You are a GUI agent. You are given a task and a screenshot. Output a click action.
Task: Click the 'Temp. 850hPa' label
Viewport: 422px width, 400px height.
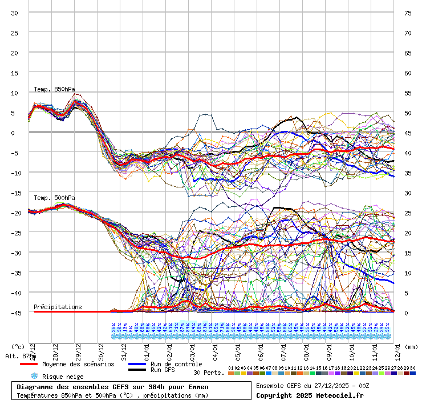tap(54, 89)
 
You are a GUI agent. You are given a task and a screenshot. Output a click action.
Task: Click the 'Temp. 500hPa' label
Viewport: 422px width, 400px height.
tap(54, 198)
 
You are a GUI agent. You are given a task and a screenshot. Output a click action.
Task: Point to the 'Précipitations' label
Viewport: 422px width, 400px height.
tap(58, 307)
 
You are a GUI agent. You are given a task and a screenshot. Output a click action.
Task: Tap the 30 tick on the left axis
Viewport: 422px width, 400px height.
tap(15, 13)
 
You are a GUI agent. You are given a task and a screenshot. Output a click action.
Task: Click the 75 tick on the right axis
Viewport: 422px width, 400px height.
tap(408, 13)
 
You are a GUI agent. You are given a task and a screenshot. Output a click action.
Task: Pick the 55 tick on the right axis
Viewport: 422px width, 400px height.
tap(408, 93)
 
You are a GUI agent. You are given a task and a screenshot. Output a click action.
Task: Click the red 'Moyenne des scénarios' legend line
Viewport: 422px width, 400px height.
tap(29, 364)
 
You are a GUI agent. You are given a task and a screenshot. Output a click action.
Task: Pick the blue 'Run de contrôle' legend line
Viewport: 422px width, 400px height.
tap(137, 364)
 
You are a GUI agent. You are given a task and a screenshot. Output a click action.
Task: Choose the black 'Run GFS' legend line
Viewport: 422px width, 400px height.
tap(137, 370)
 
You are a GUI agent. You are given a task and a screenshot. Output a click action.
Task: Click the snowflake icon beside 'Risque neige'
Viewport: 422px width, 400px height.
tap(34, 377)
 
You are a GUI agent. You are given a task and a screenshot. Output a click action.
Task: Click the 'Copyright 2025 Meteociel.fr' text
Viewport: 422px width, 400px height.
tap(310, 395)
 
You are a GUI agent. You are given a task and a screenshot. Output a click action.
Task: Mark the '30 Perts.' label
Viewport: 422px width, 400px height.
tap(208, 373)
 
